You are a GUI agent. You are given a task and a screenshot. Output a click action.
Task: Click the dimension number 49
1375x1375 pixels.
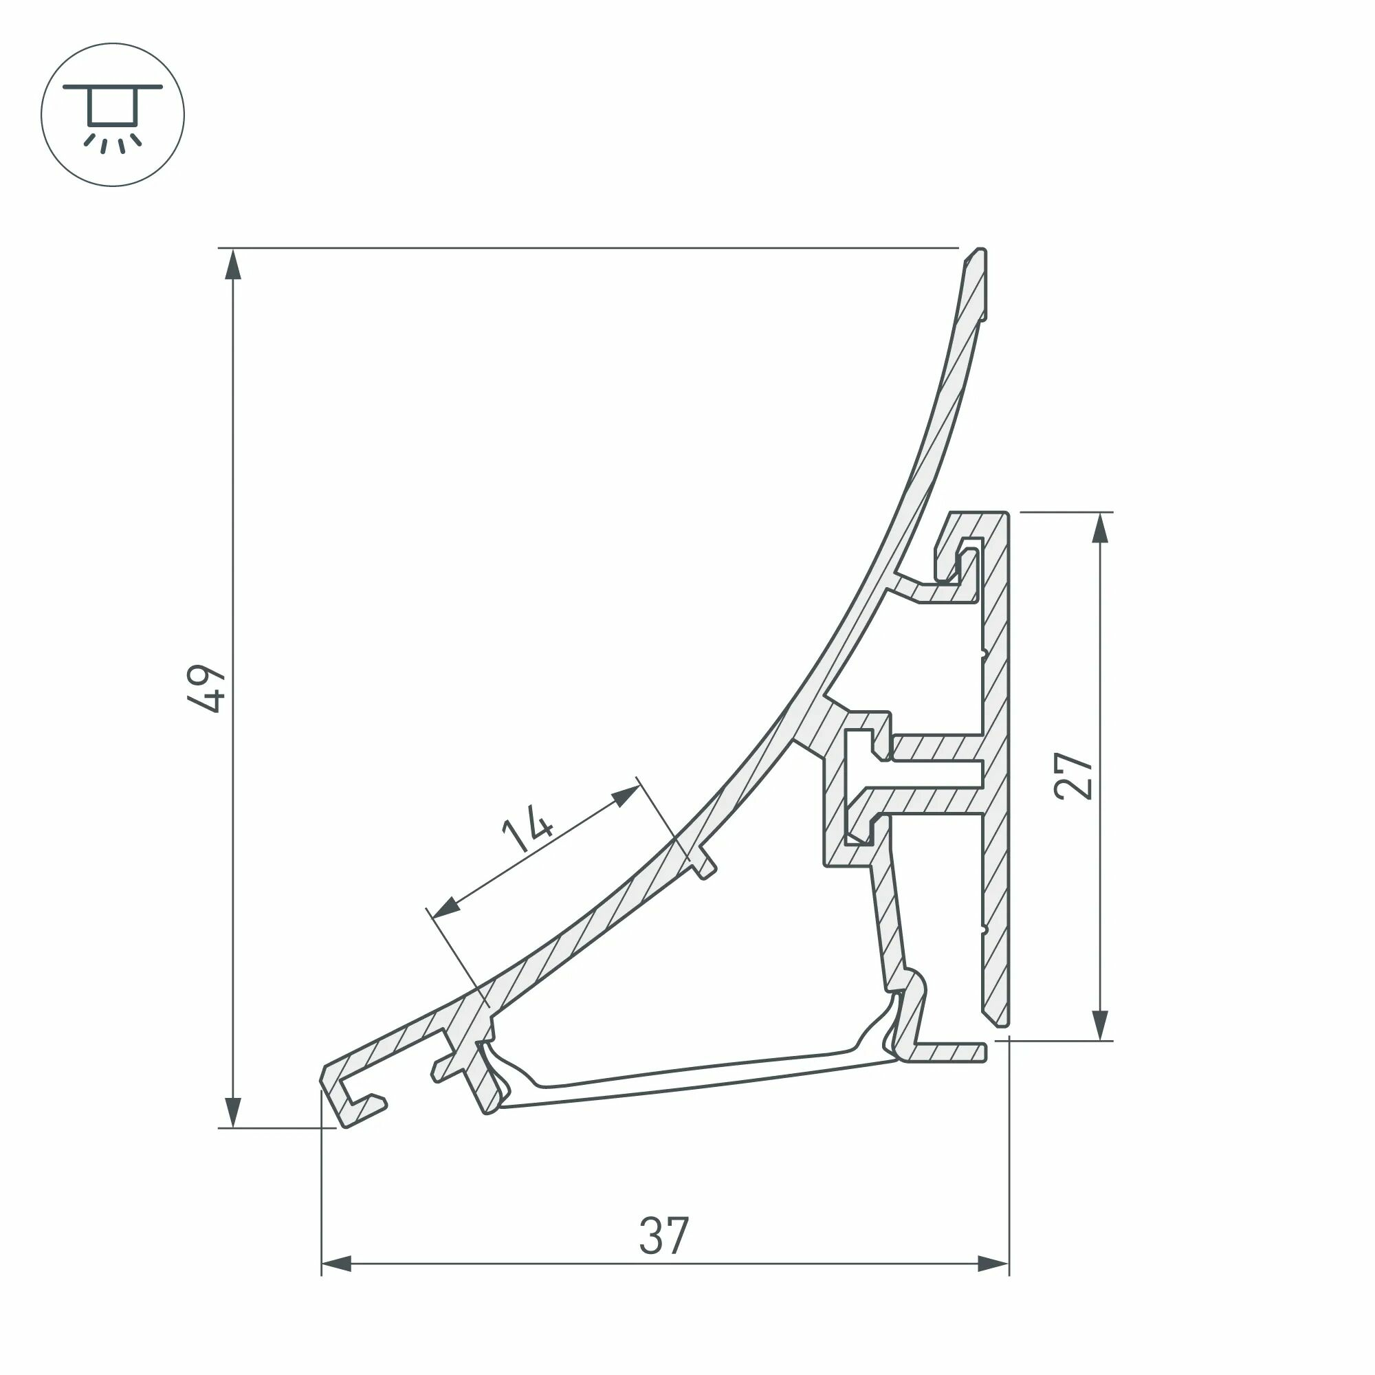click(x=206, y=689)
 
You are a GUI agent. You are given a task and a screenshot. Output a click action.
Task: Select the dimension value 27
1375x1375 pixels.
click(x=1074, y=775)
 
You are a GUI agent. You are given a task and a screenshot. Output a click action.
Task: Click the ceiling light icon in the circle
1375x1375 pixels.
click(x=113, y=115)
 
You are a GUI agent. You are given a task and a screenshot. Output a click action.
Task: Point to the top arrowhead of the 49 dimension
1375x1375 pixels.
click(x=233, y=265)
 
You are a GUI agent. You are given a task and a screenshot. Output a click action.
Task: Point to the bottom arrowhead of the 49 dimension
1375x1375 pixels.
click(x=233, y=1111)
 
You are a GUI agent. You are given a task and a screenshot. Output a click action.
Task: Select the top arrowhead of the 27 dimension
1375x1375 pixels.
click(x=1100, y=529)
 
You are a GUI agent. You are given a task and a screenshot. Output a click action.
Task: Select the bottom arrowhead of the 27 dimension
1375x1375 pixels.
click(x=1100, y=1024)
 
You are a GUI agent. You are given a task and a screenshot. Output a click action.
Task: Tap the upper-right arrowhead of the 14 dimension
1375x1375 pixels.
click(x=625, y=796)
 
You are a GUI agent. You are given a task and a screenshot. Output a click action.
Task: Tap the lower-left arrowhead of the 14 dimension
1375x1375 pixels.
click(x=445, y=907)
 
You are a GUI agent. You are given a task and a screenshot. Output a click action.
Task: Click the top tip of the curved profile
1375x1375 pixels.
click(x=979, y=254)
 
